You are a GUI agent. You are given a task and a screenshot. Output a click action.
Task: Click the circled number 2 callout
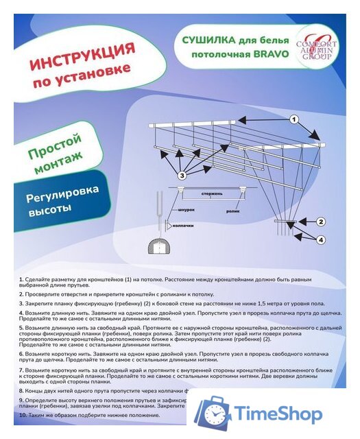tap(320, 221)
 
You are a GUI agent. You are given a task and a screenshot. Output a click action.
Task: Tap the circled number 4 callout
tap(320, 239)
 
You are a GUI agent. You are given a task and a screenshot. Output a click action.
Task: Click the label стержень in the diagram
tap(213, 195)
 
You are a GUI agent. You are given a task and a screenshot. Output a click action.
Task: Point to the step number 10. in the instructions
tap(23, 416)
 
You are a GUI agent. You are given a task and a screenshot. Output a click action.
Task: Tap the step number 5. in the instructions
tap(21, 328)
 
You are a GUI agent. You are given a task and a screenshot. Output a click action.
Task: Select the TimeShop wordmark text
tap(278, 414)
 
